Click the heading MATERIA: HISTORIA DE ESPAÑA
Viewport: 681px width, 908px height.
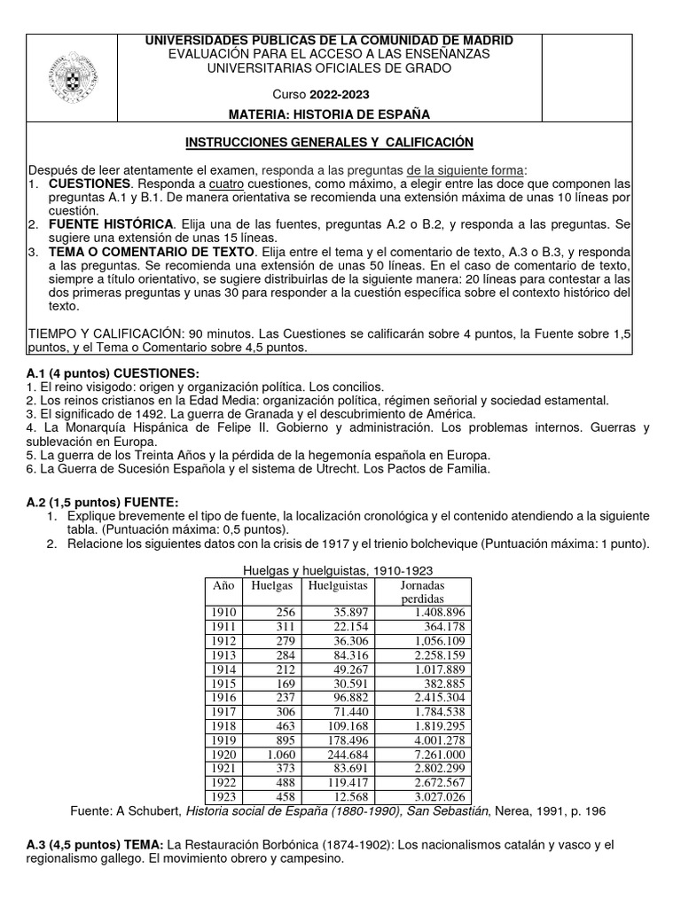point(329,114)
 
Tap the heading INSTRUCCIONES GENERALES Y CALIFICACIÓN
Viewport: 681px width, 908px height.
point(329,142)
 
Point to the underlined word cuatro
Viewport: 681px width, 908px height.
point(227,184)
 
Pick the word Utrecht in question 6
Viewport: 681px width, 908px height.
point(358,467)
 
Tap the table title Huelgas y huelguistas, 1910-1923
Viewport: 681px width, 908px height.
point(338,571)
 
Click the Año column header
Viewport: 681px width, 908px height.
point(222,586)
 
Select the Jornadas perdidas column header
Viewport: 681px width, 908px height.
point(422,593)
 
